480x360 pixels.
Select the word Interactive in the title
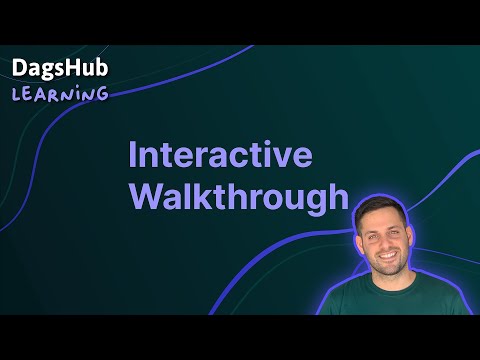coord(221,157)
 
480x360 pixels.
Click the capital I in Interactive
coord(134,157)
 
